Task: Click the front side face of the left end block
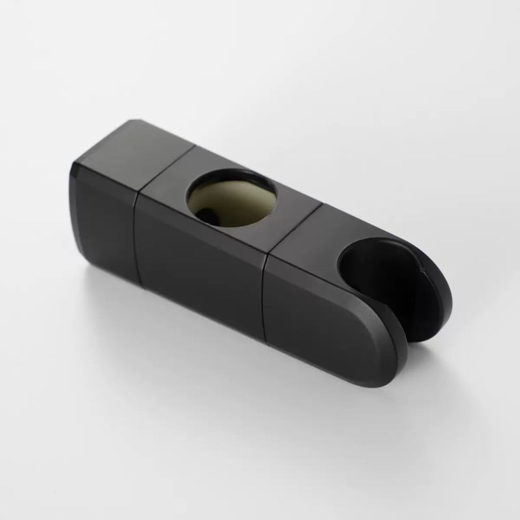coord(104,208)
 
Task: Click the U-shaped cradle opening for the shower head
coord(377,273)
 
